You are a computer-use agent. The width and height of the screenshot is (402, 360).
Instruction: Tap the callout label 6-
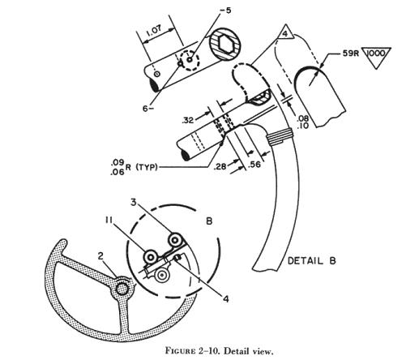pyautogui.click(x=148, y=109)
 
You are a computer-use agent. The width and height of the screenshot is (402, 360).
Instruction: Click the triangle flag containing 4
pyautogui.click(x=285, y=32)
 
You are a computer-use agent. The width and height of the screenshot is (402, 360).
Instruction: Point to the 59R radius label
pyautogui.click(x=350, y=54)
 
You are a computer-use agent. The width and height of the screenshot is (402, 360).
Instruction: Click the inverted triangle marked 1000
pyautogui.click(x=376, y=57)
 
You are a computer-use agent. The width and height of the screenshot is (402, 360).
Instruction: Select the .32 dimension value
pyautogui.click(x=188, y=120)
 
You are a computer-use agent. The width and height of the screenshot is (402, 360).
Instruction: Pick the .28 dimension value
pyautogui.click(x=220, y=167)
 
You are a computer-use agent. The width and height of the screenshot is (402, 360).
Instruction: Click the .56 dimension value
pyautogui.click(x=254, y=164)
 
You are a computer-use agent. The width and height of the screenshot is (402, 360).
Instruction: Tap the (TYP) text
pyautogui.click(x=146, y=167)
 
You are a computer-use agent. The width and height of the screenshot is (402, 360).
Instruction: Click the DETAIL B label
pyautogui.click(x=311, y=261)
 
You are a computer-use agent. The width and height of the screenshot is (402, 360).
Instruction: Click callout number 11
pyautogui.click(x=109, y=221)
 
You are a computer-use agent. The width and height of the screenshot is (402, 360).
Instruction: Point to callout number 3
pyautogui.click(x=134, y=202)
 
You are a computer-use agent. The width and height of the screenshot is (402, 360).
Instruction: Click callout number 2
pyautogui.click(x=100, y=255)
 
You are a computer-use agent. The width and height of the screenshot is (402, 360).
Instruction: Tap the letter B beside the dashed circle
pyautogui.click(x=209, y=221)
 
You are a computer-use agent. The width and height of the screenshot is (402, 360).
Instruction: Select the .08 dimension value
pyautogui.click(x=302, y=118)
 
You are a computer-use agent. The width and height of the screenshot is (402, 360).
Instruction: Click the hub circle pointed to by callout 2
pyautogui.click(x=122, y=289)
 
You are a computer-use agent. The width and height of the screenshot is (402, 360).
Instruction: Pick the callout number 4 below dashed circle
pyautogui.click(x=226, y=298)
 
